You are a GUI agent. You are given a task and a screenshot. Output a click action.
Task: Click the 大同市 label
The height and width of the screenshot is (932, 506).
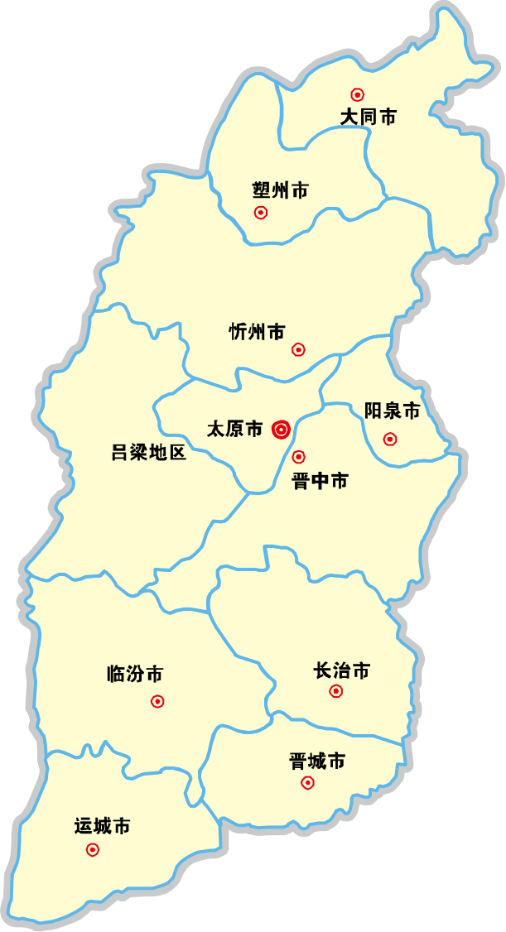pyautogui.click(x=368, y=117)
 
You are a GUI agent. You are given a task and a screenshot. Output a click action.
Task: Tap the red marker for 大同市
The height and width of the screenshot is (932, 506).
pyautogui.click(x=358, y=95)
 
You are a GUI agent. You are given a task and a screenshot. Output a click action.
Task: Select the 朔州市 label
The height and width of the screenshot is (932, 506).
pyautogui.click(x=280, y=191)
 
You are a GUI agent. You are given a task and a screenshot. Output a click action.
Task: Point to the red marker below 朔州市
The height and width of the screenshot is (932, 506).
pyautogui.click(x=261, y=213)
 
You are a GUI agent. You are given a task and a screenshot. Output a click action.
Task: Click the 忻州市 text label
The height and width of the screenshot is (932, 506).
pyautogui.click(x=257, y=332)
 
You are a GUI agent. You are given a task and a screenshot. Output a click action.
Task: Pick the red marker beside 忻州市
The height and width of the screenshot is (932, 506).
pyautogui.click(x=299, y=350)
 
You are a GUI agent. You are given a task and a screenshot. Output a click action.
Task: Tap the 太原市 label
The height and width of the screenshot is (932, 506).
pyautogui.click(x=234, y=429)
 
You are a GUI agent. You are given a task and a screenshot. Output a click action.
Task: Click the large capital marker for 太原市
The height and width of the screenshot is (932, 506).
pyautogui.click(x=282, y=430)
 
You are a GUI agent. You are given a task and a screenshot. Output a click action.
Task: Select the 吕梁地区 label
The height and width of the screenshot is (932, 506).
pyautogui.click(x=149, y=453)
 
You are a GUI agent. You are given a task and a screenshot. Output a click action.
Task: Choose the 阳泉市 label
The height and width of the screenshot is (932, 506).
pyautogui.click(x=393, y=411)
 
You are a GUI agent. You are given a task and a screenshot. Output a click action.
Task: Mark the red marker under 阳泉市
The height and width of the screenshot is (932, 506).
pyautogui.click(x=390, y=439)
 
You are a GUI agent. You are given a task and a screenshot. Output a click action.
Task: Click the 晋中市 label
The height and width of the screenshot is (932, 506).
pyautogui.click(x=320, y=481)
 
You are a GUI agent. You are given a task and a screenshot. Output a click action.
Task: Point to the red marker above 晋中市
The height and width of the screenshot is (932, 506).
pyautogui.click(x=299, y=457)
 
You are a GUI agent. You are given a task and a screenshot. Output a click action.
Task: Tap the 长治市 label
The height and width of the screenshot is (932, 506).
pyautogui.click(x=341, y=670)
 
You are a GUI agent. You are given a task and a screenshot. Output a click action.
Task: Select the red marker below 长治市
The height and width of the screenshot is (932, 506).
pyautogui.click(x=336, y=691)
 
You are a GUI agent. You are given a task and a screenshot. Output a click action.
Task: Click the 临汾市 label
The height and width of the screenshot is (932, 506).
pyautogui.click(x=135, y=674)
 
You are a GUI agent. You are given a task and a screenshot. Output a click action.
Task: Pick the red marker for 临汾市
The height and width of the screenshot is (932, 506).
pyautogui.click(x=157, y=702)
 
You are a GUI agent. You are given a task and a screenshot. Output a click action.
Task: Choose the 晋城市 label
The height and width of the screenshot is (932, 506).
pyautogui.click(x=317, y=761)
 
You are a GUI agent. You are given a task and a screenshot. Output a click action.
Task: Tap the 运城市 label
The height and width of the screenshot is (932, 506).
pyautogui.click(x=102, y=826)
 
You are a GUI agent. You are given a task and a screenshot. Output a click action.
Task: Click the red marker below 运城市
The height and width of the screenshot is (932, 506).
pyautogui.click(x=93, y=849)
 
